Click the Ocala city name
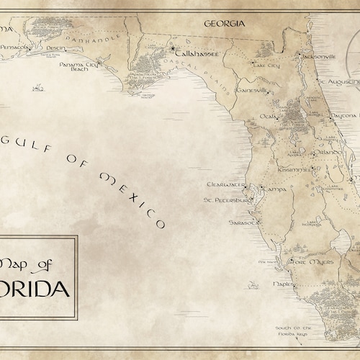click(268, 115)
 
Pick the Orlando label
click(325, 152)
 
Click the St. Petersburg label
click(225, 199)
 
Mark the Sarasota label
click(243, 223)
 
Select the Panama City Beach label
click(78, 67)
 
